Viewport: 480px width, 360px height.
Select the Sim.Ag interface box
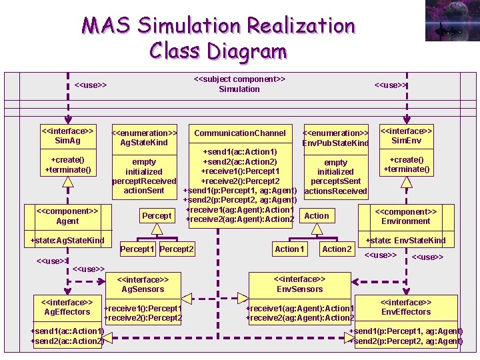point(67,136)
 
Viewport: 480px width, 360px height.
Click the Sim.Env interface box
point(406,136)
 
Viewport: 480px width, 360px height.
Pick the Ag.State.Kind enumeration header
point(144,137)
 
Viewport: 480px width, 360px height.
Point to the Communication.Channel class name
point(239,133)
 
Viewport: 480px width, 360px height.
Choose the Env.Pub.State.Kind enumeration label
point(335,138)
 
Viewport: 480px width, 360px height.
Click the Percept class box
point(157,216)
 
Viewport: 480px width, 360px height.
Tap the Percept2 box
point(177,249)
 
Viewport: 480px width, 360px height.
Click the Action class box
point(316,215)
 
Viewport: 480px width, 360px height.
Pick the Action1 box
point(289,249)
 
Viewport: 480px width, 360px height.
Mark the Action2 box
point(337,249)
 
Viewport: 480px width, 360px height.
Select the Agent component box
point(67,216)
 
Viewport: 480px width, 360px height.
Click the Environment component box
point(405,216)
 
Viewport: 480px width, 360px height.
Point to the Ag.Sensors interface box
point(143,285)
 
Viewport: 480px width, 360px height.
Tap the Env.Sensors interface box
point(299,284)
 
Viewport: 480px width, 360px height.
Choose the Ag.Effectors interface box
point(67,307)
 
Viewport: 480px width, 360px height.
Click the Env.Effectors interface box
point(405,307)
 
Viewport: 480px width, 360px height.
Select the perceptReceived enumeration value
point(144,181)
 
